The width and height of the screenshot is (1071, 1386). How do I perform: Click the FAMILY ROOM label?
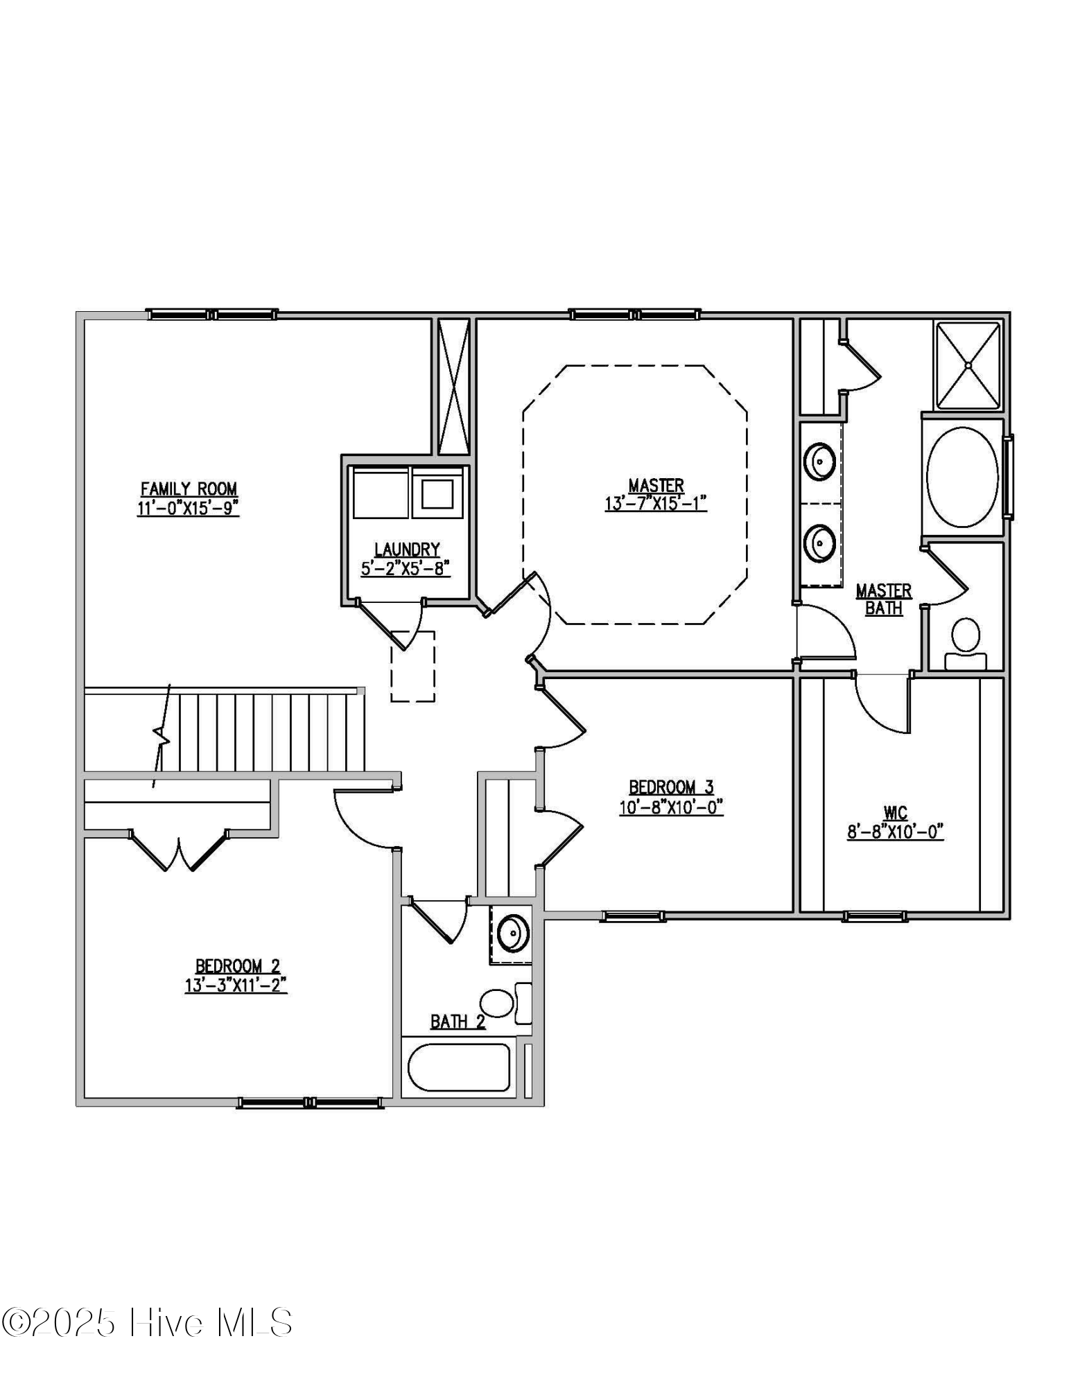click(x=189, y=489)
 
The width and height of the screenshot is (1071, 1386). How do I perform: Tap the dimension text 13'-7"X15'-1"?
click(x=655, y=504)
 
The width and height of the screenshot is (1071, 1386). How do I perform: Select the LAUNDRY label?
click(x=407, y=550)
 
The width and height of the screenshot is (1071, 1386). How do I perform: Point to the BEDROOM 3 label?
click(x=670, y=787)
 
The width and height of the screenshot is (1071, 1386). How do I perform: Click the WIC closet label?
click(x=895, y=812)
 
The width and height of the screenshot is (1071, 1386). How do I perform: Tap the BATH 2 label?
click(x=458, y=1021)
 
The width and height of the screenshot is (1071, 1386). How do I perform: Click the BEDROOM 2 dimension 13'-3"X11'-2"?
click(x=236, y=985)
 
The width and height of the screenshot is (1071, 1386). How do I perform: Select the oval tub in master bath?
click(x=961, y=477)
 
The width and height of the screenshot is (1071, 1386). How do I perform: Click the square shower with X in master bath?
click(x=968, y=365)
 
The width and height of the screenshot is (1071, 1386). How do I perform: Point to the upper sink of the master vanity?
click(x=820, y=460)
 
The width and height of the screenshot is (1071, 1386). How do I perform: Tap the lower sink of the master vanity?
click(x=820, y=543)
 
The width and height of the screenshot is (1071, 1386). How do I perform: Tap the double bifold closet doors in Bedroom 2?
click(x=179, y=850)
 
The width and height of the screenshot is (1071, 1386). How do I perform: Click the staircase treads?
click(x=270, y=732)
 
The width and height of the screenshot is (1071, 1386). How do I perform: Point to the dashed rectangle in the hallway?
click(x=412, y=666)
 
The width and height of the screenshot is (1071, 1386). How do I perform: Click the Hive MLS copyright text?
click(x=146, y=1322)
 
